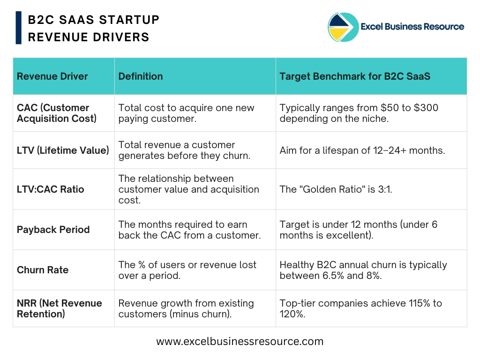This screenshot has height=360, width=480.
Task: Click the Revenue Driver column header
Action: point(52,76)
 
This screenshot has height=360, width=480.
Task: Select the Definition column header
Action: point(141,76)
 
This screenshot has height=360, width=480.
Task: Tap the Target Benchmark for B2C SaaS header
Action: point(355,76)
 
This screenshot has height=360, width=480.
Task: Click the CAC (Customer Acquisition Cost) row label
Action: point(57,113)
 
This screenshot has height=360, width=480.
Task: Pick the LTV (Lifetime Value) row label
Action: point(63,150)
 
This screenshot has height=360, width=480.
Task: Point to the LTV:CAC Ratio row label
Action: point(50,189)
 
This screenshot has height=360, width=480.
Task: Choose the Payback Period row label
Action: point(53,230)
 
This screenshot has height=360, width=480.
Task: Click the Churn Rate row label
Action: point(43,270)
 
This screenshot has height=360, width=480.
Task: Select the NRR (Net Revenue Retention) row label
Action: point(60,308)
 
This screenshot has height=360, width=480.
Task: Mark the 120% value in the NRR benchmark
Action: point(292,314)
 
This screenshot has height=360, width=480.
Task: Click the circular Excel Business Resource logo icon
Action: point(343,27)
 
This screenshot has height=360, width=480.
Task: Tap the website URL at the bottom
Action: point(240,341)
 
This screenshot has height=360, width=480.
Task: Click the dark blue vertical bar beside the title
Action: point(19,28)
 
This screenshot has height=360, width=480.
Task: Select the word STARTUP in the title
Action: point(129,20)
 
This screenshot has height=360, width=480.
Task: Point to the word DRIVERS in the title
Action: point(121,37)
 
